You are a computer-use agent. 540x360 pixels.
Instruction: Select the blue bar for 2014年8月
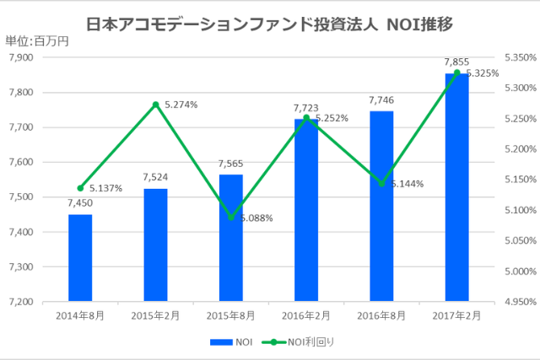(x=80, y=257)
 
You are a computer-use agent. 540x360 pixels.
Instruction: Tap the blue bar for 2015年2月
(x=155, y=244)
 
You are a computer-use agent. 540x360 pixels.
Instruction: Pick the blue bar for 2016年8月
(x=381, y=206)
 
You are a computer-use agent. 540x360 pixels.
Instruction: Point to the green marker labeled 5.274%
(x=155, y=105)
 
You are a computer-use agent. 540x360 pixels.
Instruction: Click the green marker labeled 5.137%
(x=80, y=188)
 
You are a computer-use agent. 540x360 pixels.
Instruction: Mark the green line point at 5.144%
(x=381, y=184)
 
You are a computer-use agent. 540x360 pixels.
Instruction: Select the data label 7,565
(x=230, y=164)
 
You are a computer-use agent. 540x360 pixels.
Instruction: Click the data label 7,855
(x=456, y=62)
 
